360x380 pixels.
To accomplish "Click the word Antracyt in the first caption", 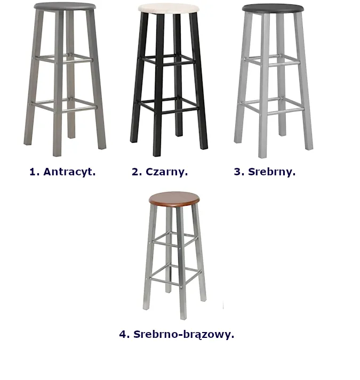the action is pos(69,172).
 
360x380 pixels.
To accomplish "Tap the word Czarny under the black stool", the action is pos(166,172).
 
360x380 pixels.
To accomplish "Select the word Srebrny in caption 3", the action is pos(271,172).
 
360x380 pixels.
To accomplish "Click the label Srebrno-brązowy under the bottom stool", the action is pos(183,335).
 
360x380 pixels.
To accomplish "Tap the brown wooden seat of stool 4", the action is pos(174,199).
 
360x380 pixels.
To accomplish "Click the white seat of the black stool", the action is pos(169,9).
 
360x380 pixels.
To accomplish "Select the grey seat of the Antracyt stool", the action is pos(65,6).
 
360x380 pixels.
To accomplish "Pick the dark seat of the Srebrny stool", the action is pos(273,8).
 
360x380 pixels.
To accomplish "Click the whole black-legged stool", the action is pos(169,80).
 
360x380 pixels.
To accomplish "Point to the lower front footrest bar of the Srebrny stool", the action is pos(286,112).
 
